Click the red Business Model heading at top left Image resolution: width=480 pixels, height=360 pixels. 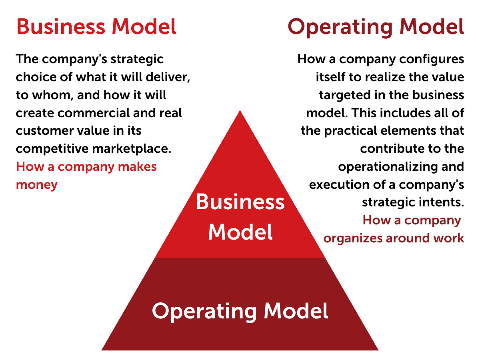[96, 27]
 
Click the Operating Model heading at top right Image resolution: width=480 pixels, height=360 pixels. [376, 28]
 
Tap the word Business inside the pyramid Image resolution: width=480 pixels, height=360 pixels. [240, 202]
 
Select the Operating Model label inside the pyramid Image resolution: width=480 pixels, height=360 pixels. [240, 312]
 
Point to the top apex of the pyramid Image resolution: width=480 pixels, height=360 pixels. [240, 110]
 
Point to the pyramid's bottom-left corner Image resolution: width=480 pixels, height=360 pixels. [102, 350]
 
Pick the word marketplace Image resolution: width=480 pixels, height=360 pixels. [132, 149]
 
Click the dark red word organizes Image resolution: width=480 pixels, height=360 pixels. [353, 238]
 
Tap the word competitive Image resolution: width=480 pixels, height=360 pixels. [52, 149]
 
